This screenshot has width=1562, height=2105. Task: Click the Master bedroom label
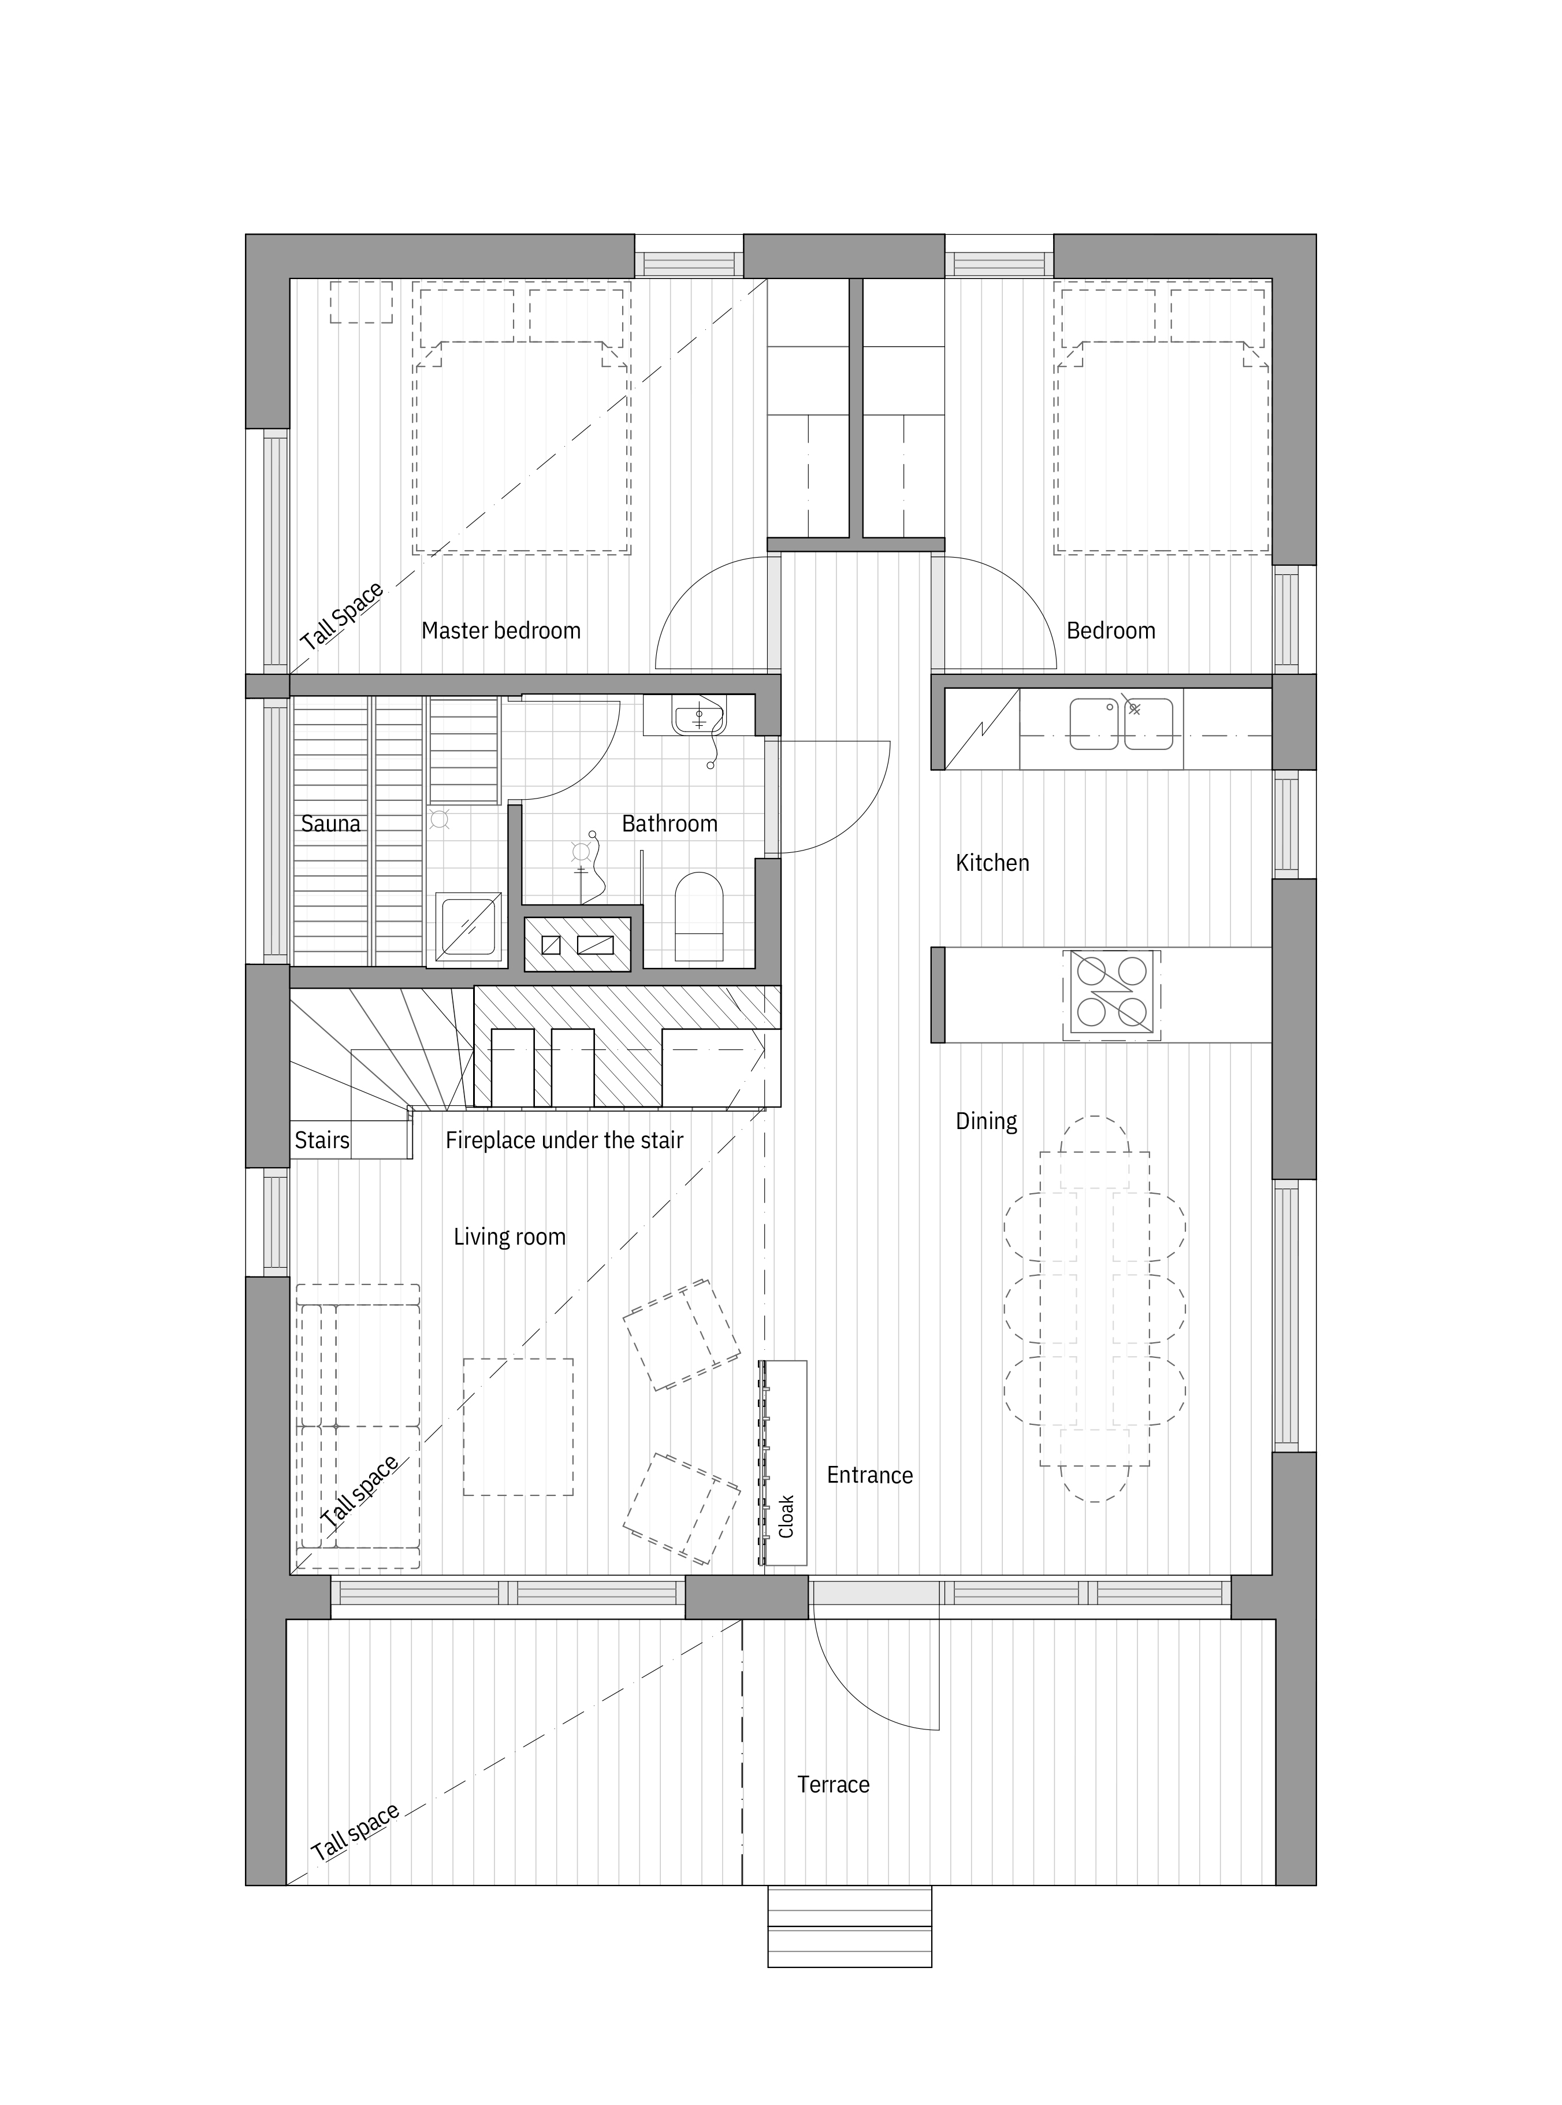[x=501, y=631]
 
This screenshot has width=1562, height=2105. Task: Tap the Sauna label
[x=331, y=823]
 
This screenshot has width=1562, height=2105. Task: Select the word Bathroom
[x=670, y=823]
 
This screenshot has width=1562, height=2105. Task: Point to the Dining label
[x=986, y=1122]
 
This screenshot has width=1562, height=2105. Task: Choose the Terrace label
[x=833, y=1784]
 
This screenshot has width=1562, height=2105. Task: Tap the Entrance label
[x=870, y=1475]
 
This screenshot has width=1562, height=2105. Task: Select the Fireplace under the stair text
[x=564, y=1141]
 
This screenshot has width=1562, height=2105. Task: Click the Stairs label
[x=322, y=1141]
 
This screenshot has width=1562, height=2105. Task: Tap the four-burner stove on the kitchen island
[x=1112, y=996]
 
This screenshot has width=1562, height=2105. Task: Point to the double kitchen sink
[x=1121, y=723]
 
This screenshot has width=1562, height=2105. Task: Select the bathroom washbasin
[x=699, y=716]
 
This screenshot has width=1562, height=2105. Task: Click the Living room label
[x=509, y=1237]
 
